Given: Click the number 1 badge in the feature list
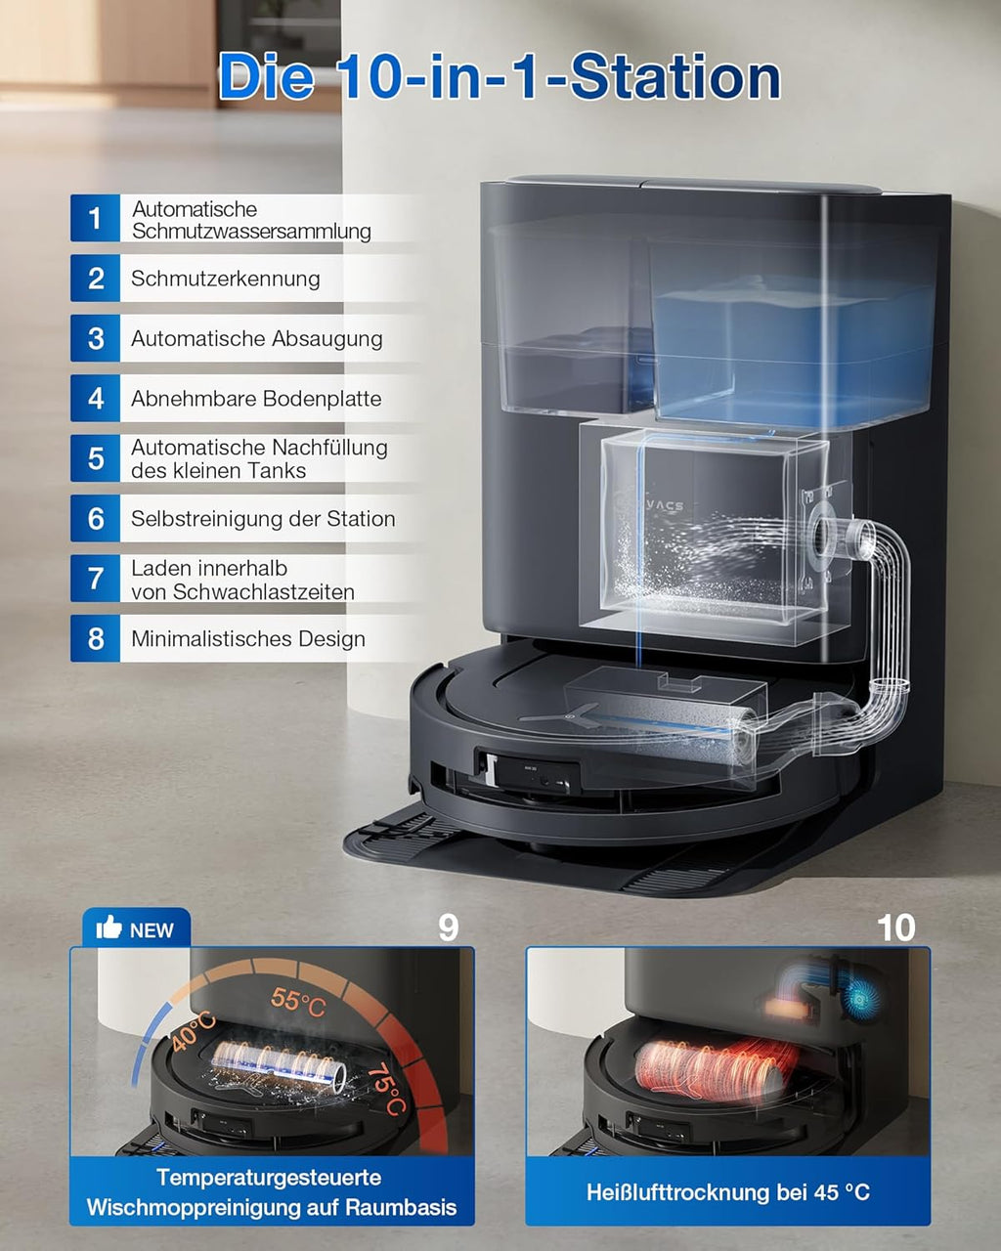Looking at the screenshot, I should tap(95, 218).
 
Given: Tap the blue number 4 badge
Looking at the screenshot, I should tap(95, 399).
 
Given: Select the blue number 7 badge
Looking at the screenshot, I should tap(95, 579).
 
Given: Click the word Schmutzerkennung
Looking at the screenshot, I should tap(226, 279).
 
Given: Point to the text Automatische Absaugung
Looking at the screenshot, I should tap(256, 339).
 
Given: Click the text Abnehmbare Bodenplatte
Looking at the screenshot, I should tap(256, 399).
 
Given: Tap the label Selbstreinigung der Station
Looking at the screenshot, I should tap(263, 519).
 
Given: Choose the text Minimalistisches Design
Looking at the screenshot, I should tap(248, 639).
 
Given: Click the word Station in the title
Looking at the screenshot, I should tap(675, 78).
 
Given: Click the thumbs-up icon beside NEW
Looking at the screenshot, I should tap(109, 927).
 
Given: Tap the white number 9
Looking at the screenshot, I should tap(448, 927).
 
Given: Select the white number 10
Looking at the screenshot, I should tap(896, 927).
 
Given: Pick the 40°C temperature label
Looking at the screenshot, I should tap(194, 1032).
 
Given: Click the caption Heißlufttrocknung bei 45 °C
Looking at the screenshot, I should tap(727, 1192).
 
